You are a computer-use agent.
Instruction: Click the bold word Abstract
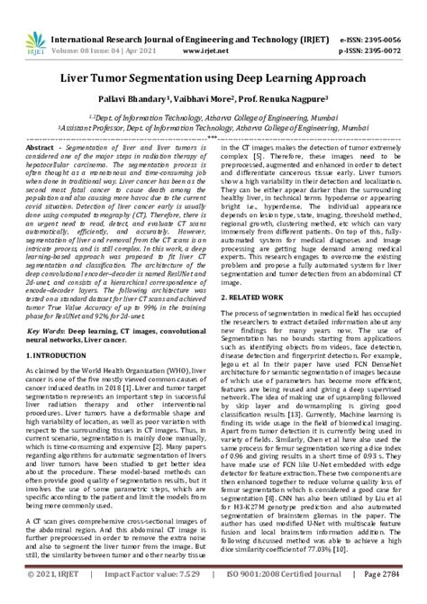coord(41,147)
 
